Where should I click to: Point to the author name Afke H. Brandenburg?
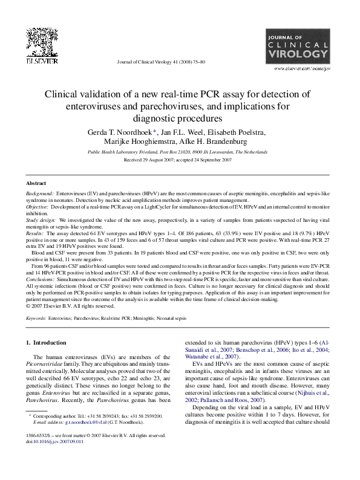pyautogui.click(x=217, y=142)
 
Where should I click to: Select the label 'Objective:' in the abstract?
pyautogui.click(x=38, y=207)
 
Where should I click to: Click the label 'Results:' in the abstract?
pyautogui.click(x=35, y=232)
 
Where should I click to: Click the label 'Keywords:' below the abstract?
pyautogui.click(x=35, y=317)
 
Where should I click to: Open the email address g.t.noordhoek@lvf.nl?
pyautogui.click(x=82, y=439)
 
